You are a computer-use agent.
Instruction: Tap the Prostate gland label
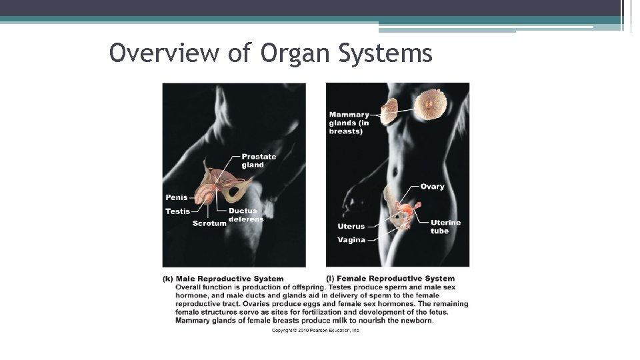[259, 161]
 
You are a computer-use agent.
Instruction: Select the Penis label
[176, 197]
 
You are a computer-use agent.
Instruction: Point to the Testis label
[177, 211]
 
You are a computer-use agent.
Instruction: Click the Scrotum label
[209, 223]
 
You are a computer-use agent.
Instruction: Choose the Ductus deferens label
[246, 215]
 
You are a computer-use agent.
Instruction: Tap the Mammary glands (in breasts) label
[349, 123]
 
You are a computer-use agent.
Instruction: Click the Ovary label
[432, 187]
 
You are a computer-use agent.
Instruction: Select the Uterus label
[351, 227]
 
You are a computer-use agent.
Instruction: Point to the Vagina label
[351, 240]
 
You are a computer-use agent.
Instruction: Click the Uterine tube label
[445, 227]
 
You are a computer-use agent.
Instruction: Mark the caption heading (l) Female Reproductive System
[390, 279]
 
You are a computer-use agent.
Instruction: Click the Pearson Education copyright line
[315, 331]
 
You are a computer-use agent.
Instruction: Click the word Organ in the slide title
[291, 53]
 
